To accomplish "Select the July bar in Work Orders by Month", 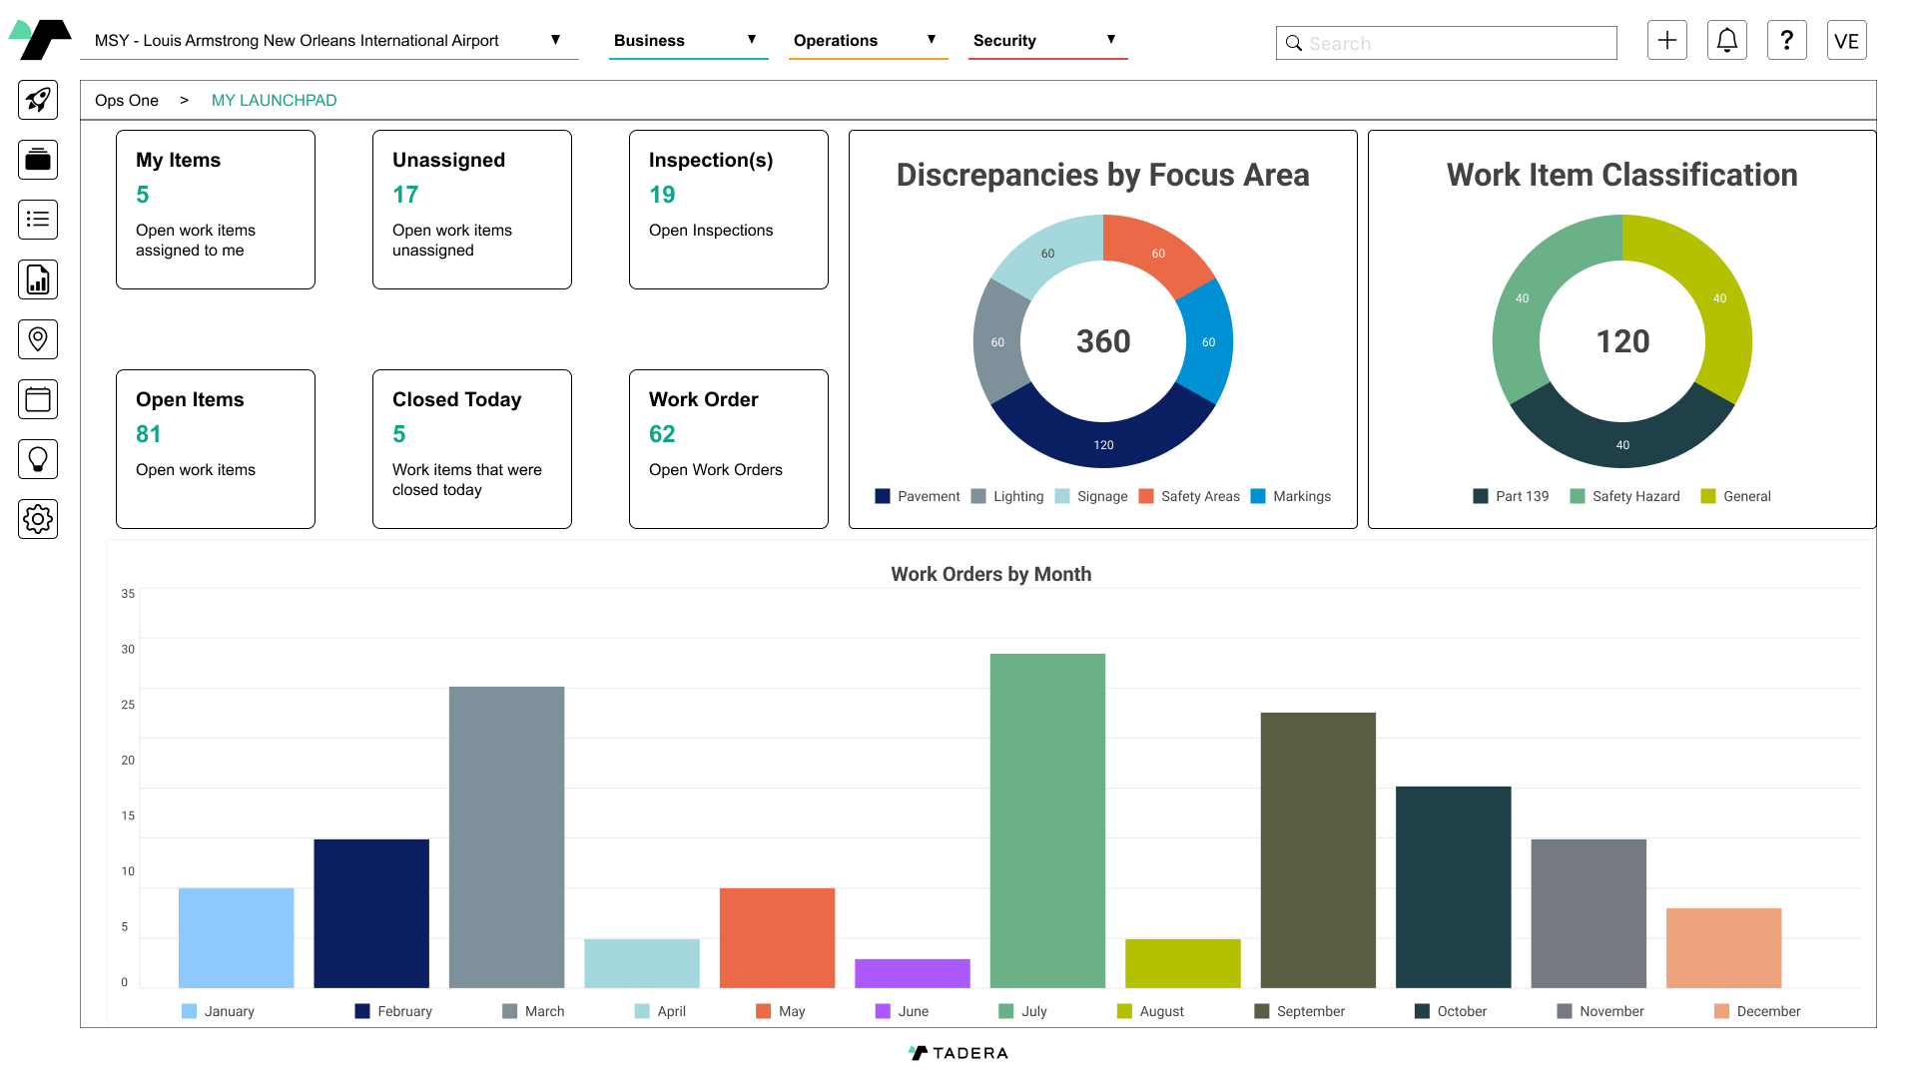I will pos(1047,820).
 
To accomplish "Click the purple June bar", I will pos(912,973).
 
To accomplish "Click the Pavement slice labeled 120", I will pos(1103,439).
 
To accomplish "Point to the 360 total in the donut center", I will pos(1103,341).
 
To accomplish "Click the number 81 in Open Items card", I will pos(148,434).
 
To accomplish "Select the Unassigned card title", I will pos(448,160).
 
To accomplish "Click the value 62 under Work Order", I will pos(662,434).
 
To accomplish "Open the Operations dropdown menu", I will pos(866,40).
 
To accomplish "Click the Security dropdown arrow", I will pos(1110,40).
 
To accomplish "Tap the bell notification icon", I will pos(1726,40).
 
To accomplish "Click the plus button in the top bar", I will pos(1666,40).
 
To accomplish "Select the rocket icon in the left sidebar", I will pos(38,100).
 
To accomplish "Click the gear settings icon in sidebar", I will pos(38,519).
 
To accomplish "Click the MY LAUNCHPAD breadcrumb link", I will pos(274,100).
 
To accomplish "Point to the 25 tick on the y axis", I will pos(128,705).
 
